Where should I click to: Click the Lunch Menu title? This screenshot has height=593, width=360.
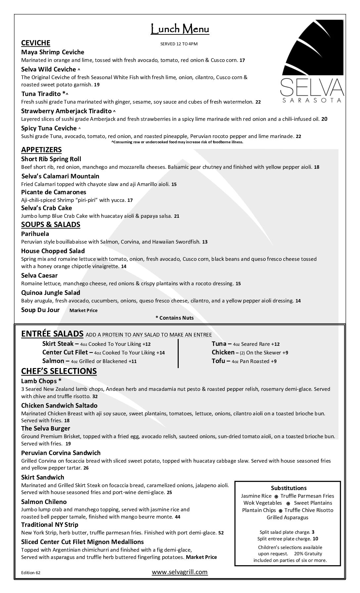pos(180,29)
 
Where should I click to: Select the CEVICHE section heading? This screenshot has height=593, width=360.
pos(36,43)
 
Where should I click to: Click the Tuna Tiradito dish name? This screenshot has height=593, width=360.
pos(41,94)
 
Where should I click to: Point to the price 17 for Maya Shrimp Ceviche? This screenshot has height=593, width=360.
pos(242,60)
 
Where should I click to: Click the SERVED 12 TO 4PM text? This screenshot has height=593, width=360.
pos(179,44)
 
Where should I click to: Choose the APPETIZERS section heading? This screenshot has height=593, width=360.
pos(41,150)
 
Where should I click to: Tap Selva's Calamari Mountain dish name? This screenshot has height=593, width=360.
pos(60,176)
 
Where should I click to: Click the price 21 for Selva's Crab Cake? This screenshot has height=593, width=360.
pos(177,216)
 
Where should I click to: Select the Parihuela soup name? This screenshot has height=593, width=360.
pos(35,234)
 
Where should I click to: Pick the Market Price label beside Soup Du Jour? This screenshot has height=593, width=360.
pos(83,310)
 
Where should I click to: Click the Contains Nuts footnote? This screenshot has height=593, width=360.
pos(174,318)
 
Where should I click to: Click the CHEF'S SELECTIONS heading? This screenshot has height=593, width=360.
pos(59,371)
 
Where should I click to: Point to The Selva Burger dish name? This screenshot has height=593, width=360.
pos(46,429)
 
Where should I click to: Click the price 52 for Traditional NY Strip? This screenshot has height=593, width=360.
pos(221,533)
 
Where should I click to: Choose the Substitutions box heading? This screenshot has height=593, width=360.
pos(289,488)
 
